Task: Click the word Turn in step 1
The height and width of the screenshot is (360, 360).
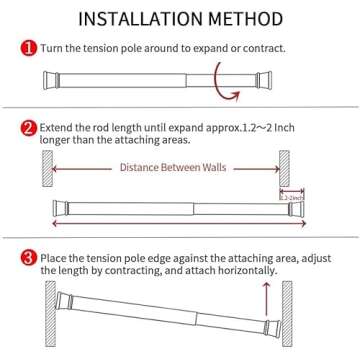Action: pyautogui.click(x=53, y=47)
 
